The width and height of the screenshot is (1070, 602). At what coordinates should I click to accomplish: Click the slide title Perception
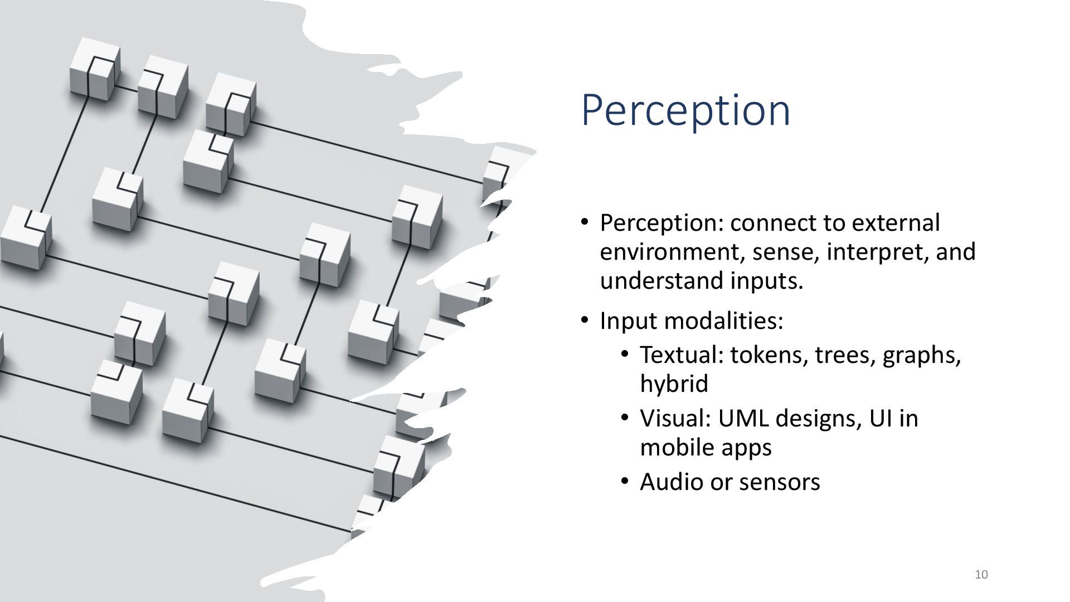coord(685,111)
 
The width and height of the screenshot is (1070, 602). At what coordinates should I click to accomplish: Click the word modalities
coord(724,321)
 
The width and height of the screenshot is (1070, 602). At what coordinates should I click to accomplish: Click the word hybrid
coord(674,384)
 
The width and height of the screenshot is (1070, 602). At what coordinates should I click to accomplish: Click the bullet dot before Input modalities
coord(584,321)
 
